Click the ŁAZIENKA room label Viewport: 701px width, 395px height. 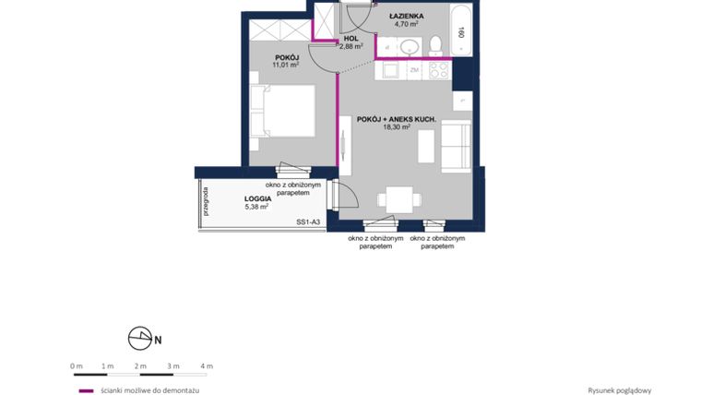click(x=405, y=16)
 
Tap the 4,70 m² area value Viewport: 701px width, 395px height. click(x=405, y=25)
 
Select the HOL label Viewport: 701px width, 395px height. click(x=350, y=38)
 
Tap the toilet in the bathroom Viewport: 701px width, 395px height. click(x=435, y=43)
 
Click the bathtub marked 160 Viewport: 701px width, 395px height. click(x=460, y=29)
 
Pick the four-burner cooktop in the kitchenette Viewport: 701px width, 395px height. click(x=438, y=69)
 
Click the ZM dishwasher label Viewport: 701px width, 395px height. click(x=415, y=69)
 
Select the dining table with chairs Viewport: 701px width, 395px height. click(x=399, y=199)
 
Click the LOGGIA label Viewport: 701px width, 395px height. click(x=257, y=198)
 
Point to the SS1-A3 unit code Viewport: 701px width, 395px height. click(x=308, y=222)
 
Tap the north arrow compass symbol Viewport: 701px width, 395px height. click(x=141, y=339)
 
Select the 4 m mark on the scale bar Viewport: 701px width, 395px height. click(x=207, y=366)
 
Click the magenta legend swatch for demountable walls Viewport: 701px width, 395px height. click(x=86, y=390)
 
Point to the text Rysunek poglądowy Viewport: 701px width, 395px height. click(x=619, y=390)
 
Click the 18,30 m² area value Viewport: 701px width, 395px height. click(x=396, y=128)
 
